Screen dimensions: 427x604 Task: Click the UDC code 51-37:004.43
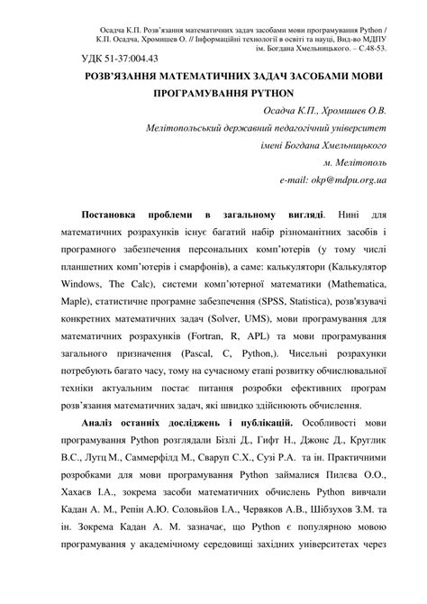click(x=125, y=59)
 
